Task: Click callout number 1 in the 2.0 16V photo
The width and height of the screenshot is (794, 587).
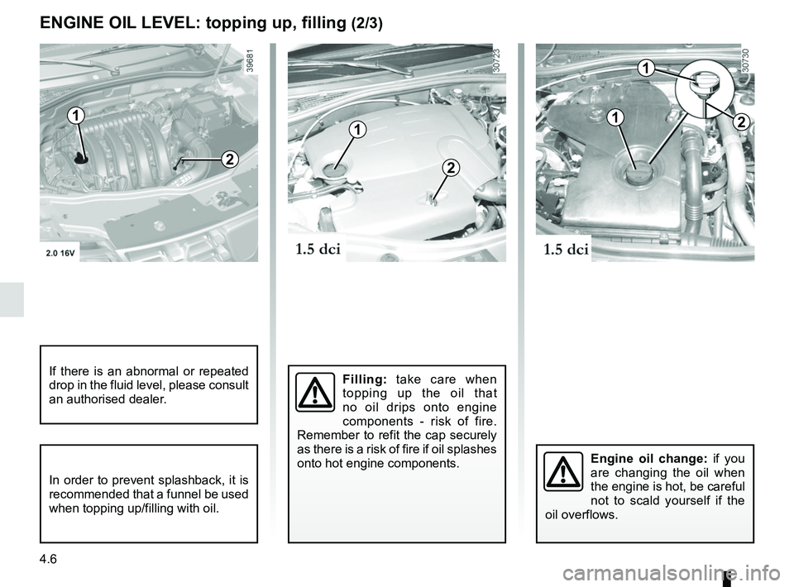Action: point(75,117)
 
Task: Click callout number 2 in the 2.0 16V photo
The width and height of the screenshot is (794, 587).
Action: point(229,160)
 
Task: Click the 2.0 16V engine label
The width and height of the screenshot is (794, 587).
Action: point(60,253)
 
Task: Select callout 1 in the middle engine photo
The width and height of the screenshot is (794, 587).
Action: point(357,130)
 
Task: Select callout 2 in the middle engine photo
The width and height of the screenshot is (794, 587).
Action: point(450,168)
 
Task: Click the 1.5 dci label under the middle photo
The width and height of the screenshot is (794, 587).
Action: point(318,249)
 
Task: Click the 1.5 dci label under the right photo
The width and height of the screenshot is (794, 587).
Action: point(566,249)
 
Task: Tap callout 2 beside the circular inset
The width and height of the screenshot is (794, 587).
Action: point(740,122)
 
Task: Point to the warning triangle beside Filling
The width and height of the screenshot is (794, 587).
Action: point(315,392)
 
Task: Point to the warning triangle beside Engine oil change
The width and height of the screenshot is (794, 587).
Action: point(563,471)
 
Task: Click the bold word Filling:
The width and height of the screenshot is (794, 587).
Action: point(365,379)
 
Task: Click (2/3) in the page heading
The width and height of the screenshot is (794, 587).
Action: point(366,24)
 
